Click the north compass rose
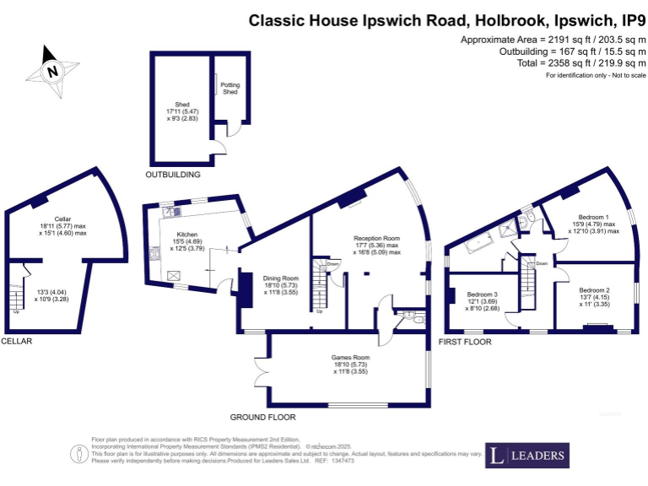click(52, 72)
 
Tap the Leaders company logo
click(526, 456)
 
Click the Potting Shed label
click(229, 88)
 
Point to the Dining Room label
click(279, 278)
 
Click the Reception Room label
click(376, 239)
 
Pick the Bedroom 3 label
click(482, 294)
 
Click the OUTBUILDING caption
click(173, 175)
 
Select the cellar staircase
click(16, 295)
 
